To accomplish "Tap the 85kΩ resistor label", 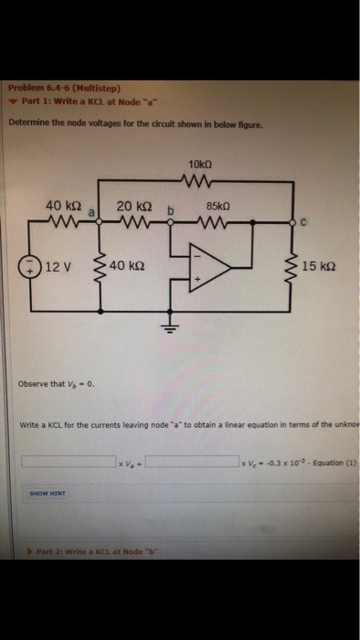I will point(219,208).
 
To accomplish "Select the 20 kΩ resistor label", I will point(134,208).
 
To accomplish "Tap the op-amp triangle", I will point(206,266).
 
